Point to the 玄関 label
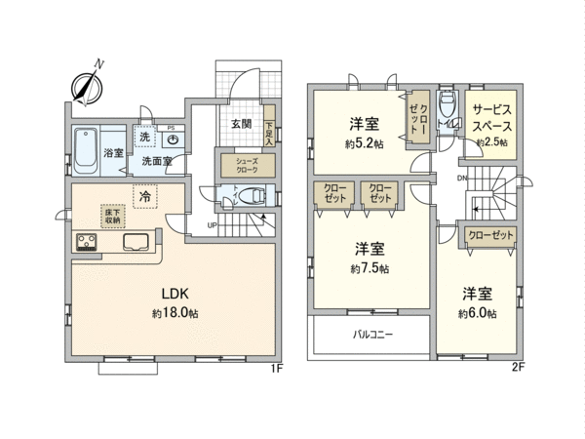242,124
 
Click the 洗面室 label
152,160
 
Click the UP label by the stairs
212,228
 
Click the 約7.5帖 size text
370,267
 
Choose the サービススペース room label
490,119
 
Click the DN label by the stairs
462,179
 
